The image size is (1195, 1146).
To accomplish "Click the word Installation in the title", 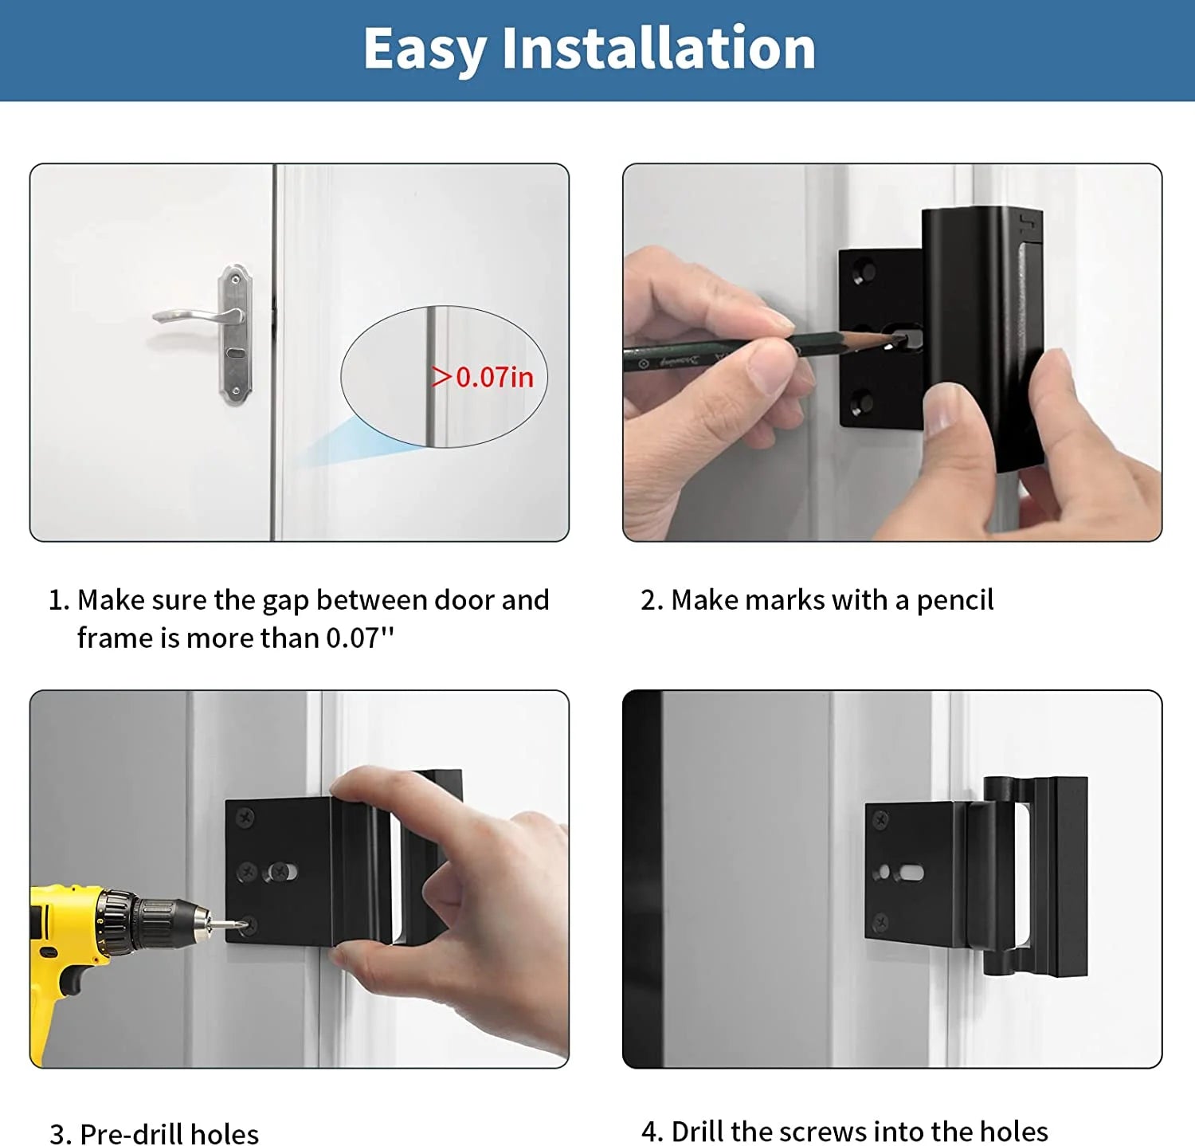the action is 659,49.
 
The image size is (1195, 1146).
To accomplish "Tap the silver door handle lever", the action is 196,316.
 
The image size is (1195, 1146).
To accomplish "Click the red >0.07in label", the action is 483,377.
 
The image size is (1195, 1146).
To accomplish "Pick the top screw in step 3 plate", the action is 245,817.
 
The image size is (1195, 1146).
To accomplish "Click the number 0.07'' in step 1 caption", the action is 360,638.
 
